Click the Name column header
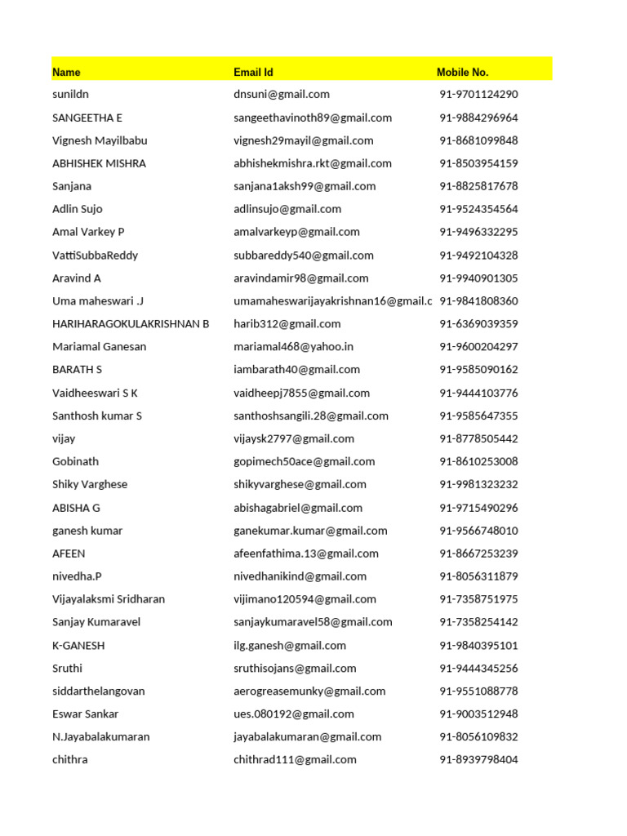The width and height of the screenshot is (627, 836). [x=67, y=72]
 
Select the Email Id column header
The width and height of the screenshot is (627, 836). [x=253, y=72]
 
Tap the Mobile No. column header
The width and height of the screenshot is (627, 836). [x=462, y=72]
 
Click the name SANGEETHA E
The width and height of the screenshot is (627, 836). [x=87, y=118]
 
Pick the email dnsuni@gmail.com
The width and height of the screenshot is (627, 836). [x=282, y=94]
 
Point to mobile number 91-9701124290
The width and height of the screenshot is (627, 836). [x=478, y=94]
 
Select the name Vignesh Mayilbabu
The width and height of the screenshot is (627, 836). [x=100, y=140]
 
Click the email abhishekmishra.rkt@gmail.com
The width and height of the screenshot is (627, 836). [x=313, y=163]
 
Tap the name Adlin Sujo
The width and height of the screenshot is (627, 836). [x=78, y=209]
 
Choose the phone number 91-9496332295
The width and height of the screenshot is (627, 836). [x=478, y=232]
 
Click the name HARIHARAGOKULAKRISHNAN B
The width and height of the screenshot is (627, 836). [x=131, y=323]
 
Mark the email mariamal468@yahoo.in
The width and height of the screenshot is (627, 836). [x=293, y=346]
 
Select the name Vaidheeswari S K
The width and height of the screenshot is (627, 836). [x=95, y=393]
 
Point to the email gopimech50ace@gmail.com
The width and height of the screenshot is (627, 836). [x=305, y=461]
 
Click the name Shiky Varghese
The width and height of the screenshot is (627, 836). [x=90, y=484]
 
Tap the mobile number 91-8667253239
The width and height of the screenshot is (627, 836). [x=478, y=554]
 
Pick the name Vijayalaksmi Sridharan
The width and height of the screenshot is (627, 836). [x=109, y=599]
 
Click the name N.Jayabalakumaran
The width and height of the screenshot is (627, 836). [x=101, y=736]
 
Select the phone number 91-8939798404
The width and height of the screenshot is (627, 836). [x=478, y=759]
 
